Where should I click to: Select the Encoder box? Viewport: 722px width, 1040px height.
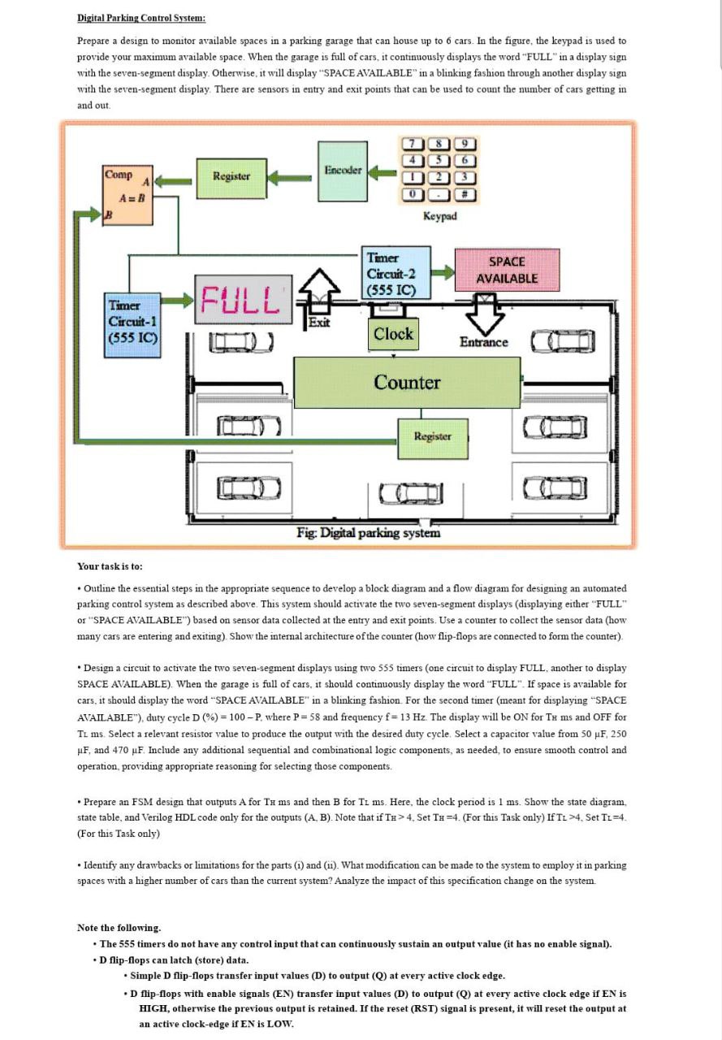coord(342,171)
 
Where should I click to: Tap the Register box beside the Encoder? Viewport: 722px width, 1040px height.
coord(231,175)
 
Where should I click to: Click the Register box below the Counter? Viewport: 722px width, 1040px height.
coord(432,437)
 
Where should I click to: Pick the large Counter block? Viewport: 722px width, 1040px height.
coord(406,382)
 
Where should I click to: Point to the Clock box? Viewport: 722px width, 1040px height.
coord(393,333)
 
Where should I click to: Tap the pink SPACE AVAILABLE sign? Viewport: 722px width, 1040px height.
coord(507,270)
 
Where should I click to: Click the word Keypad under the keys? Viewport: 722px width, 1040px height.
coord(439,216)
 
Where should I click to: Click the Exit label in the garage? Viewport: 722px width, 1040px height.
coord(319,323)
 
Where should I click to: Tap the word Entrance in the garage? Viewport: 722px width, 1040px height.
coord(483,342)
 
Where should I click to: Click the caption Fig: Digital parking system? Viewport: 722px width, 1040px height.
coord(368,533)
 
